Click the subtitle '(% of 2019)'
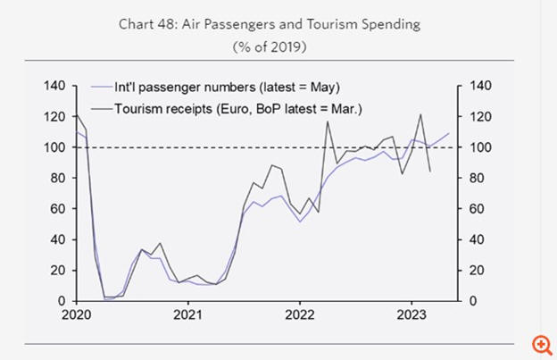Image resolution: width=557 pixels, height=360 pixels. (279, 45)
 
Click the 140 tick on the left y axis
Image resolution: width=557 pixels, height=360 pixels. (55, 86)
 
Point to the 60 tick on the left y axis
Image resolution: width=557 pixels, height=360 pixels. (59, 209)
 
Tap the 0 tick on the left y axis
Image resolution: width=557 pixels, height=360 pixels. (62, 301)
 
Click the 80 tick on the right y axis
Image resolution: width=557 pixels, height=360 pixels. (473, 179)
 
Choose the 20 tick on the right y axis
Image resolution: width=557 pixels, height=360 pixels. (473, 271)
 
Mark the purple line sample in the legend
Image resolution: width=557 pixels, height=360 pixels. (101, 87)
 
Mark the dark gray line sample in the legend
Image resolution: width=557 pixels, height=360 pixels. (101, 108)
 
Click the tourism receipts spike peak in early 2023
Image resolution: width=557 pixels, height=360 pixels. (420, 114)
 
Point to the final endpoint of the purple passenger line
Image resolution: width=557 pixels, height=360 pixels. (449, 133)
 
